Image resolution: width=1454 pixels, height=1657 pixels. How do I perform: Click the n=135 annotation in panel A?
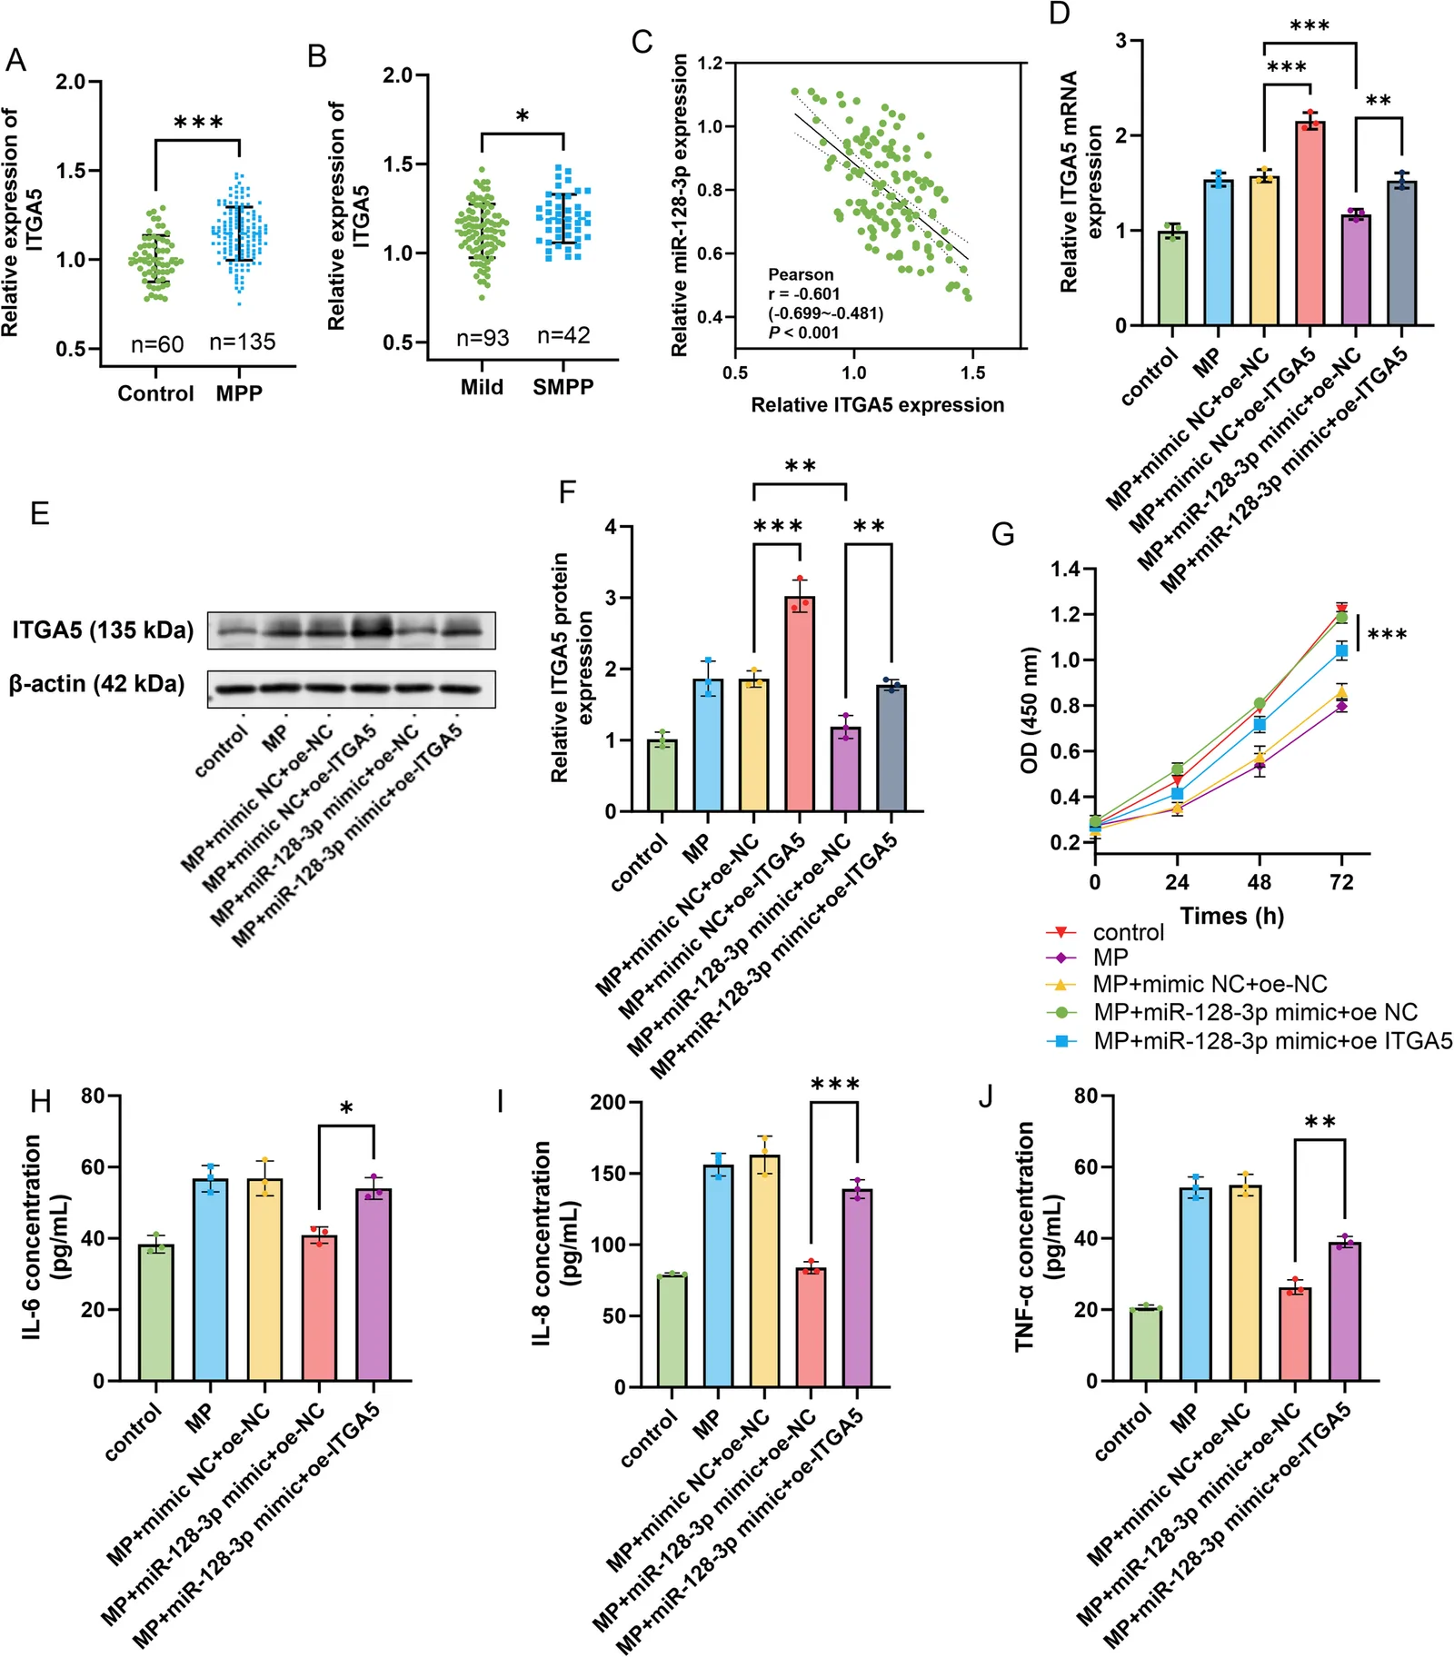pyautogui.click(x=242, y=342)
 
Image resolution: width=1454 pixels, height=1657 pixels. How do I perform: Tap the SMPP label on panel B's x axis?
pyautogui.click(x=563, y=387)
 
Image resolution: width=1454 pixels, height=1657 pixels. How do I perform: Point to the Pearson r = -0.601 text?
pyautogui.click(x=804, y=293)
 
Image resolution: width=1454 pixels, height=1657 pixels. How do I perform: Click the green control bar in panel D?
pyautogui.click(x=1172, y=278)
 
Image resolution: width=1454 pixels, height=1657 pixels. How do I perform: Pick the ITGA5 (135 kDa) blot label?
pyautogui.click(x=103, y=630)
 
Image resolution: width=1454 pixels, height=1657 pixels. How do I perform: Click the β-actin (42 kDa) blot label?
pyautogui.click(x=96, y=684)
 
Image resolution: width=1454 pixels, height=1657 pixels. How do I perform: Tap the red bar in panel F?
pyautogui.click(x=800, y=704)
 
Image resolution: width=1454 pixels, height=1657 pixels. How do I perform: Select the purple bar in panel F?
pyautogui.click(x=846, y=769)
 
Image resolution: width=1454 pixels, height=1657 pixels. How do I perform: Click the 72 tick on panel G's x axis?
pyautogui.click(x=1341, y=882)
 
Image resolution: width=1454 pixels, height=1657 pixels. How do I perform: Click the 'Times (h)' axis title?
pyautogui.click(x=1232, y=916)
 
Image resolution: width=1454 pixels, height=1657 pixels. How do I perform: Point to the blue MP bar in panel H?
pyautogui.click(x=211, y=1280)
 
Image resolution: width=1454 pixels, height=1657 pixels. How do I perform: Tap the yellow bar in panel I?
pyautogui.click(x=764, y=1271)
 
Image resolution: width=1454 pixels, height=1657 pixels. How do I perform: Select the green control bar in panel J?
pyautogui.click(x=1146, y=1344)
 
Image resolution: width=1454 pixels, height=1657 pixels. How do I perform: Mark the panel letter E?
pyautogui.click(x=39, y=514)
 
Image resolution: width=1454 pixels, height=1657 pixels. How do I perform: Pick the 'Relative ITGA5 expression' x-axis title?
pyautogui.click(x=878, y=405)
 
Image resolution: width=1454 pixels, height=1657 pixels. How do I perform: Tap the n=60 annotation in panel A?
pyautogui.click(x=157, y=344)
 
